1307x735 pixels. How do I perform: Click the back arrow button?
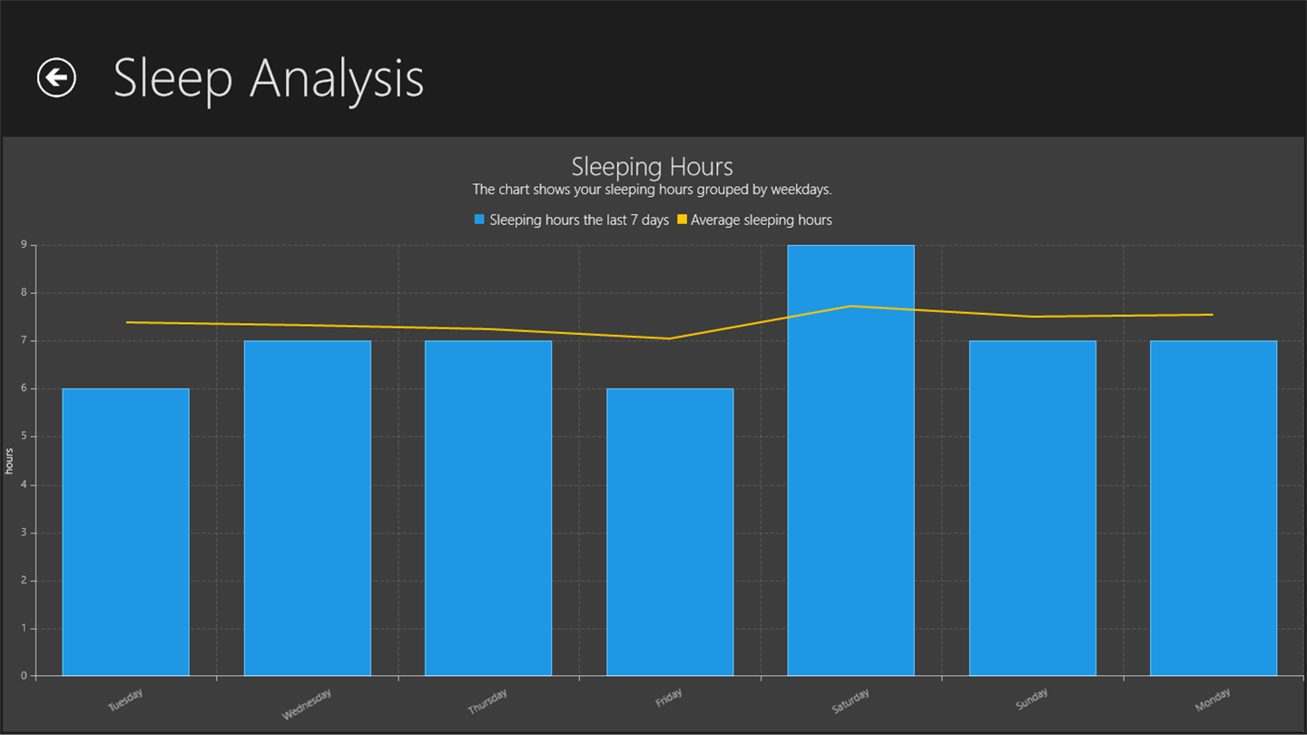pyautogui.click(x=56, y=77)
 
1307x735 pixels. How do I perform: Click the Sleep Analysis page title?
pyautogui.click(x=269, y=78)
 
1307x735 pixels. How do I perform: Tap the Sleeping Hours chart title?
pyautogui.click(x=652, y=167)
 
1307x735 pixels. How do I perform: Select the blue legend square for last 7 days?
pyautogui.click(x=479, y=220)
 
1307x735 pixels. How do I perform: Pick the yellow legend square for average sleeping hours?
pyautogui.click(x=682, y=220)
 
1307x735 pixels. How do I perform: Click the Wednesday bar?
pyautogui.click(x=307, y=508)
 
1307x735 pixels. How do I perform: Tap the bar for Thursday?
pyautogui.click(x=488, y=508)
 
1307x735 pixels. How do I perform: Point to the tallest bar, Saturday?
pyautogui.click(x=850, y=460)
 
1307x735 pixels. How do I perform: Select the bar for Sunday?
pyautogui.click(x=1032, y=508)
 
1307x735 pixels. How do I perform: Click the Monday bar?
pyautogui.click(x=1214, y=508)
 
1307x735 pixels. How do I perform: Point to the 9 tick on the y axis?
pyautogui.click(x=25, y=245)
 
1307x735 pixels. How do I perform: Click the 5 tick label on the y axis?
pyautogui.click(x=25, y=436)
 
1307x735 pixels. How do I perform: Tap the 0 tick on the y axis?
pyautogui.click(x=25, y=676)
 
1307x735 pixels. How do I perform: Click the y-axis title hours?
pyautogui.click(x=9, y=461)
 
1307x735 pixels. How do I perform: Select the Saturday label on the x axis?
pyautogui.click(x=850, y=701)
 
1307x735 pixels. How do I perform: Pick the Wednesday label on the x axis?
pyautogui.click(x=307, y=704)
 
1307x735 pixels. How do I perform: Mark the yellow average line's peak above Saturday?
pyautogui.click(x=850, y=306)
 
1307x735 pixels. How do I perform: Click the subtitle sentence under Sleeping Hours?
pyautogui.click(x=652, y=190)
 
